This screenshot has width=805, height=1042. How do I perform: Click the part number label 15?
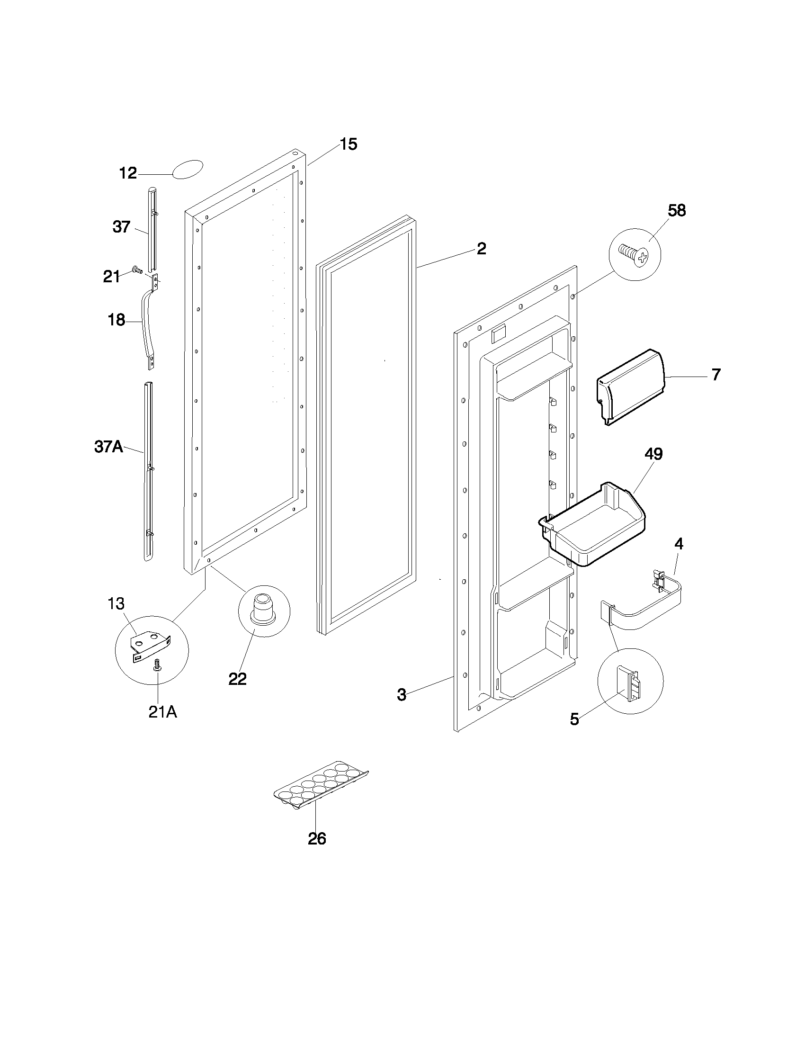[349, 144]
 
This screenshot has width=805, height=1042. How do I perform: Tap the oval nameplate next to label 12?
[187, 170]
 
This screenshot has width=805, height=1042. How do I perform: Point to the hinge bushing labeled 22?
[263, 608]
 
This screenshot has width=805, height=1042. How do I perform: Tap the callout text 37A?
[109, 447]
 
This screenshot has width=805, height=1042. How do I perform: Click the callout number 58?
[676, 210]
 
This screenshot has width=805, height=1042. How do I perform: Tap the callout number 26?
[317, 839]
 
